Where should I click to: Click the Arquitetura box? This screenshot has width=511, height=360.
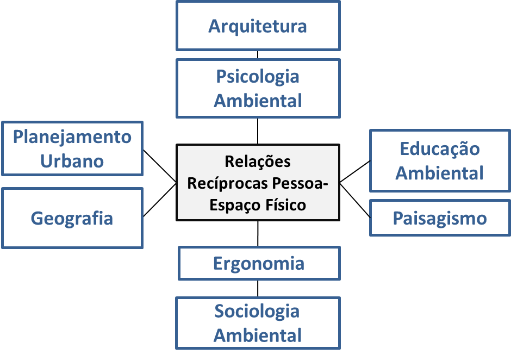coord(258,26)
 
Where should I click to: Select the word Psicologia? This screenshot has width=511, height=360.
coord(258,76)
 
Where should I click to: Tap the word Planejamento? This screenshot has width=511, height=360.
coord(72,136)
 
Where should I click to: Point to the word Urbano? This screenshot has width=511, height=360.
coord(72,160)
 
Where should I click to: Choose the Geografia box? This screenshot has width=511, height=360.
coord(72,218)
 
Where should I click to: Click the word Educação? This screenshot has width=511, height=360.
coord(440,148)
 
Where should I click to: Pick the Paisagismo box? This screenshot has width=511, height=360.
coord(440,219)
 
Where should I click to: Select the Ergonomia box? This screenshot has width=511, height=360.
coord(259,264)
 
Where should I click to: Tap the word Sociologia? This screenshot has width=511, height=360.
coord(257,312)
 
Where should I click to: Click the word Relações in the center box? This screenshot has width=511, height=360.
coord(258,162)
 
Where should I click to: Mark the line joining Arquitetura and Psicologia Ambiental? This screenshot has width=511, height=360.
coord(258,55)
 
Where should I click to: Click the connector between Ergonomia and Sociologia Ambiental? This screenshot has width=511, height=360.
coord(258,288)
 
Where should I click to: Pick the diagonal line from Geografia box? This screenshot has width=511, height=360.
coord(159,200)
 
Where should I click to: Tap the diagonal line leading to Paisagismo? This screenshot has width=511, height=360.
coord(355,200)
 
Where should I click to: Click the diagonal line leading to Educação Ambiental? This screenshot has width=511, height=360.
coord(355,171)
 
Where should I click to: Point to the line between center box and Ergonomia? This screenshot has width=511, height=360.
coord(258,233)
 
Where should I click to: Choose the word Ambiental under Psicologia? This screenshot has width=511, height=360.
coord(258,101)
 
